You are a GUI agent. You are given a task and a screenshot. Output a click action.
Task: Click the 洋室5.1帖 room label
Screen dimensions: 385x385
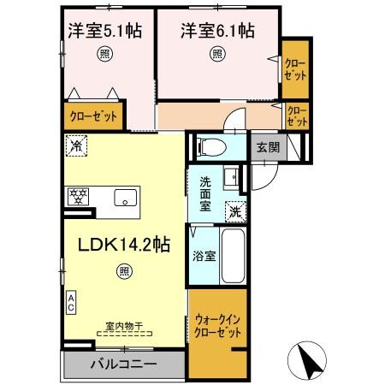tap(105, 32)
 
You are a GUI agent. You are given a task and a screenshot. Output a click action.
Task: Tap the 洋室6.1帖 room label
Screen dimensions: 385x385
tap(216, 32)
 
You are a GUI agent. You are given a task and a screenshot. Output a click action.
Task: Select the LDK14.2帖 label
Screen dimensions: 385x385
tap(124, 245)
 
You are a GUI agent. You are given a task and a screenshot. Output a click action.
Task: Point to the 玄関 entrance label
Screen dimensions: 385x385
tap(267, 146)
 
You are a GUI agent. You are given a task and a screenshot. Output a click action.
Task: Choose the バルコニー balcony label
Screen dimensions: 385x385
tap(124, 364)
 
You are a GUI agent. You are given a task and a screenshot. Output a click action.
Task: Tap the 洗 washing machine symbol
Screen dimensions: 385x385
tap(234, 211)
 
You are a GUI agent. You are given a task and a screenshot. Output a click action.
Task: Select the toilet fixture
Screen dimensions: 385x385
tap(209, 146)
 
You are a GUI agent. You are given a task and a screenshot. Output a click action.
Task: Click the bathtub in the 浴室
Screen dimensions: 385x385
tap(234, 255)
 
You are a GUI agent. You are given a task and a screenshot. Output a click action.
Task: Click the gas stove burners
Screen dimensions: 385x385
tap(80, 197)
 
